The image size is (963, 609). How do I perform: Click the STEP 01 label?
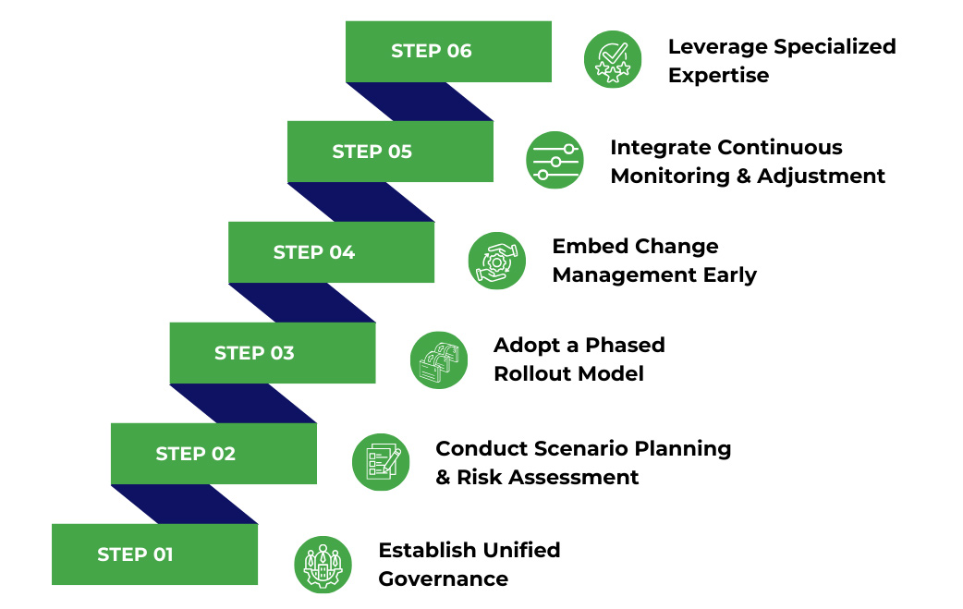(x=135, y=554)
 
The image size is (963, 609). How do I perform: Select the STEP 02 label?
(x=195, y=454)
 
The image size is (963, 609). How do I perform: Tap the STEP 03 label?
(x=254, y=353)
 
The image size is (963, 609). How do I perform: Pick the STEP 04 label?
(x=313, y=252)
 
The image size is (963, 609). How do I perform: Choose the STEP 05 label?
(x=372, y=152)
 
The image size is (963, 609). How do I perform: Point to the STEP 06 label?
(x=431, y=51)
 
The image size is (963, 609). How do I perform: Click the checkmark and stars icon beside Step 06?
(x=613, y=59)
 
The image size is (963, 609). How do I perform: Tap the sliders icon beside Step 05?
(x=555, y=160)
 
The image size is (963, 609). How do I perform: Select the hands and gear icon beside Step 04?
(x=496, y=261)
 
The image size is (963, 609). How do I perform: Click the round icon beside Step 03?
(x=438, y=360)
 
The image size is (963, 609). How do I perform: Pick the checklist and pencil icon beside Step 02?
(x=381, y=462)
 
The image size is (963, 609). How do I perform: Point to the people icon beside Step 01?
(x=323, y=564)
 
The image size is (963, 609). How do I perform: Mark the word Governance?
(x=443, y=579)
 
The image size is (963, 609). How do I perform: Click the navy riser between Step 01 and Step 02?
(x=185, y=504)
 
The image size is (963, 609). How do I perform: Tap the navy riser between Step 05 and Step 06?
(x=421, y=101)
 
